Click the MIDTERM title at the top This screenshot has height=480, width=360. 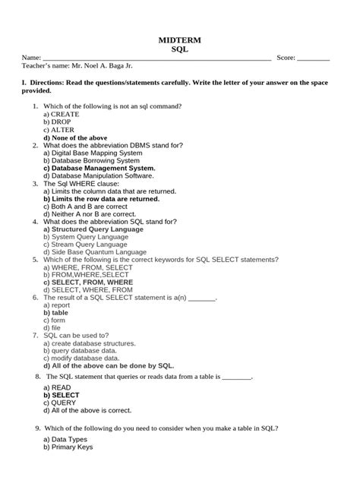click(x=179, y=39)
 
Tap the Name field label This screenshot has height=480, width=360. click(x=31, y=58)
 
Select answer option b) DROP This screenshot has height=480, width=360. click(x=57, y=122)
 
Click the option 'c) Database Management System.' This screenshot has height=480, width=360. click(x=99, y=168)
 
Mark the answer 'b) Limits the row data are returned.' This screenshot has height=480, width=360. click(x=101, y=199)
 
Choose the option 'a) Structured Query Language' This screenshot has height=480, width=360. click(x=93, y=229)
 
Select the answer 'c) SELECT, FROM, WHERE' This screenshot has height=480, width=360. click(x=87, y=283)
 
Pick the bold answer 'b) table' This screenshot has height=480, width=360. click(x=55, y=313)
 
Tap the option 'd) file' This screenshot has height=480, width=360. click(x=52, y=328)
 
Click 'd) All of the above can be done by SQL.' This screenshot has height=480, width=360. click(x=109, y=365)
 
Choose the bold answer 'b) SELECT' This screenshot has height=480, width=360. click(x=61, y=396)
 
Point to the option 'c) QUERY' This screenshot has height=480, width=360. click(x=60, y=403)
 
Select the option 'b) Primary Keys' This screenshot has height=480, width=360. click(x=68, y=447)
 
